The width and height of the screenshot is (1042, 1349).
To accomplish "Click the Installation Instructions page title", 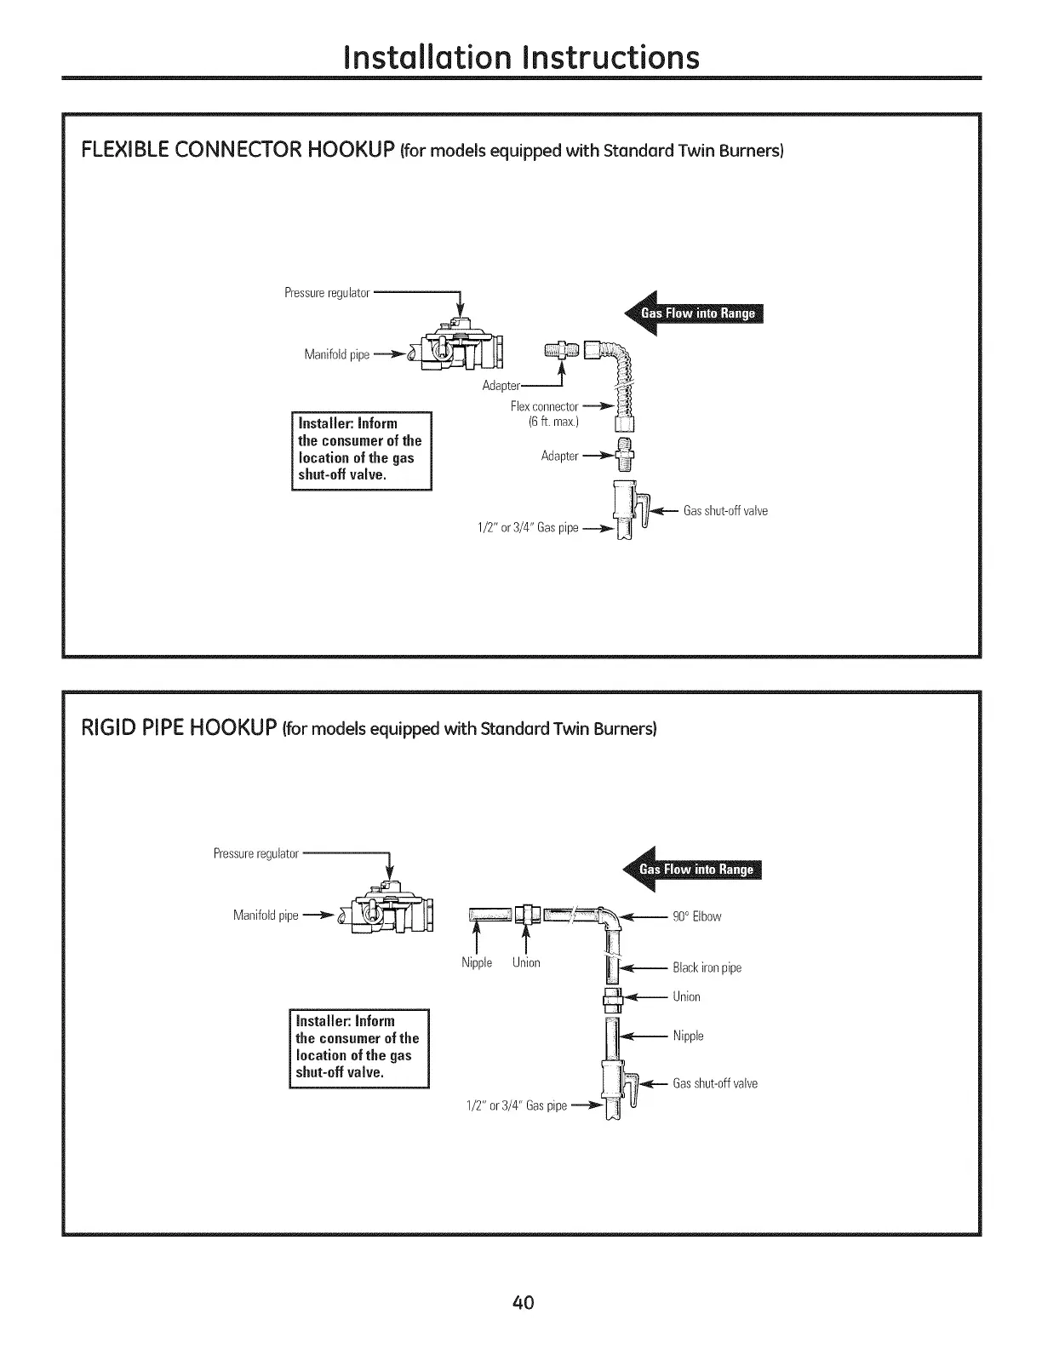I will pyautogui.click(x=521, y=56).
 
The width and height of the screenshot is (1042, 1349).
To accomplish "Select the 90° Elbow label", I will pyautogui.click(x=696, y=916).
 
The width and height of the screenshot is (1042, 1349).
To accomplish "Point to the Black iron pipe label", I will pyautogui.click(x=707, y=967).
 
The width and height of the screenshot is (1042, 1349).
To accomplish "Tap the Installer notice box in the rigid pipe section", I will pyautogui.click(x=358, y=1047).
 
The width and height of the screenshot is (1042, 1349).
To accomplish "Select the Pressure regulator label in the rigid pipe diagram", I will pyautogui.click(x=255, y=853).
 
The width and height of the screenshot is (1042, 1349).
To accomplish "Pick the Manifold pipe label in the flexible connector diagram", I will pyautogui.click(x=336, y=355).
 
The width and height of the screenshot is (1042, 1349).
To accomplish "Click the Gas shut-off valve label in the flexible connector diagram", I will pyautogui.click(x=725, y=511).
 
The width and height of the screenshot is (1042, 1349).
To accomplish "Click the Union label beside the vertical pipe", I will pyautogui.click(x=686, y=996).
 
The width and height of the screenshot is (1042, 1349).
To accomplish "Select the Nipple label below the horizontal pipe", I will pyautogui.click(x=477, y=962).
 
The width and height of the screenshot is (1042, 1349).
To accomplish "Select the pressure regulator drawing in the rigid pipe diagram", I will pyautogui.click(x=387, y=913).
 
